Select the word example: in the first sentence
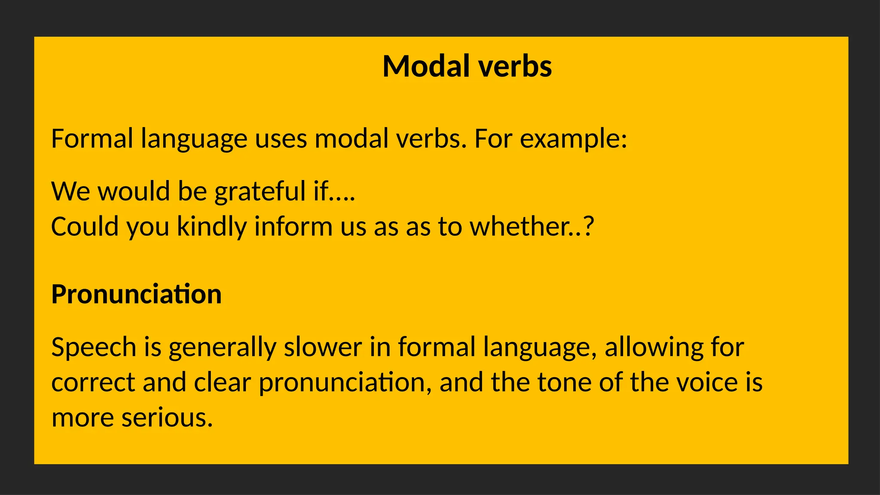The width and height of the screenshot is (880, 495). click(574, 139)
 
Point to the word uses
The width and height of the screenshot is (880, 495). click(281, 139)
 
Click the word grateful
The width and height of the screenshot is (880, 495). click(260, 191)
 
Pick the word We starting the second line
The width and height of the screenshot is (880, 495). click(70, 191)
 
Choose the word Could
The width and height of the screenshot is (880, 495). click(85, 226)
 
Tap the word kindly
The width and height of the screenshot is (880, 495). click(212, 226)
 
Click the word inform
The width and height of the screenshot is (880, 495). click(293, 226)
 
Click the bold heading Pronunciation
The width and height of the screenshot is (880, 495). click(136, 294)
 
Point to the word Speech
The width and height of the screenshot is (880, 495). click(94, 347)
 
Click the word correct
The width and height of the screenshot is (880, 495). click(93, 382)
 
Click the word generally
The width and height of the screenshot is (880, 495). click(222, 347)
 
